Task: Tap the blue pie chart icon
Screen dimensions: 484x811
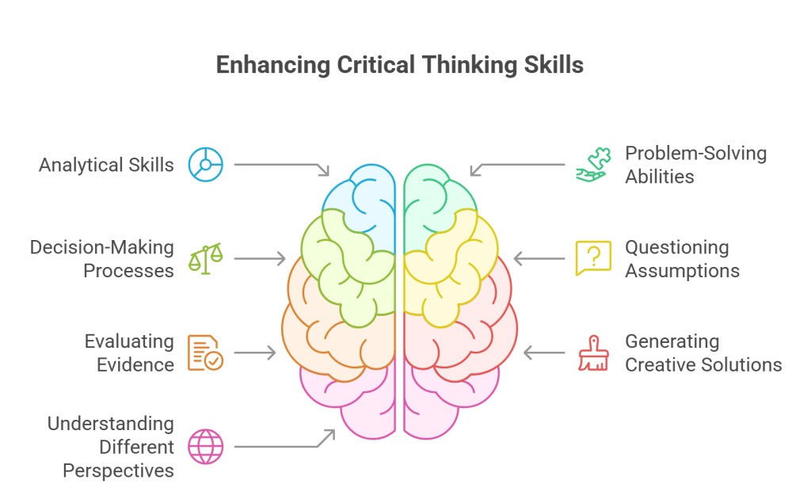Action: click(x=205, y=165)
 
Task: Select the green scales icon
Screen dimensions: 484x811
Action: click(x=205, y=259)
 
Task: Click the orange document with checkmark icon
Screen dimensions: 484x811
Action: click(x=205, y=353)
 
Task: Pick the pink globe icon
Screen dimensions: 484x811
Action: click(x=205, y=446)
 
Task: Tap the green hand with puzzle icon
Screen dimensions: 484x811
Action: click(x=592, y=165)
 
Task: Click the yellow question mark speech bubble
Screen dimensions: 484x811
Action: click(x=592, y=258)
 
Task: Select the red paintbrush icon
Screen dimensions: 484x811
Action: click(x=592, y=353)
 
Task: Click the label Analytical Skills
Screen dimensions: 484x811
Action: click(x=106, y=165)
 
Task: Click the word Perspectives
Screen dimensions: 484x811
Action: click(x=118, y=470)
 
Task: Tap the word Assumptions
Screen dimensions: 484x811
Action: click(x=682, y=270)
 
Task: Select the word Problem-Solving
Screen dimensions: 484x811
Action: click(x=695, y=153)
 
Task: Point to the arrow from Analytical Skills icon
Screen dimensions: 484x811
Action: click(x=282, y=166)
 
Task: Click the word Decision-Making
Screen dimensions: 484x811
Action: click(x=101, y=247)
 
